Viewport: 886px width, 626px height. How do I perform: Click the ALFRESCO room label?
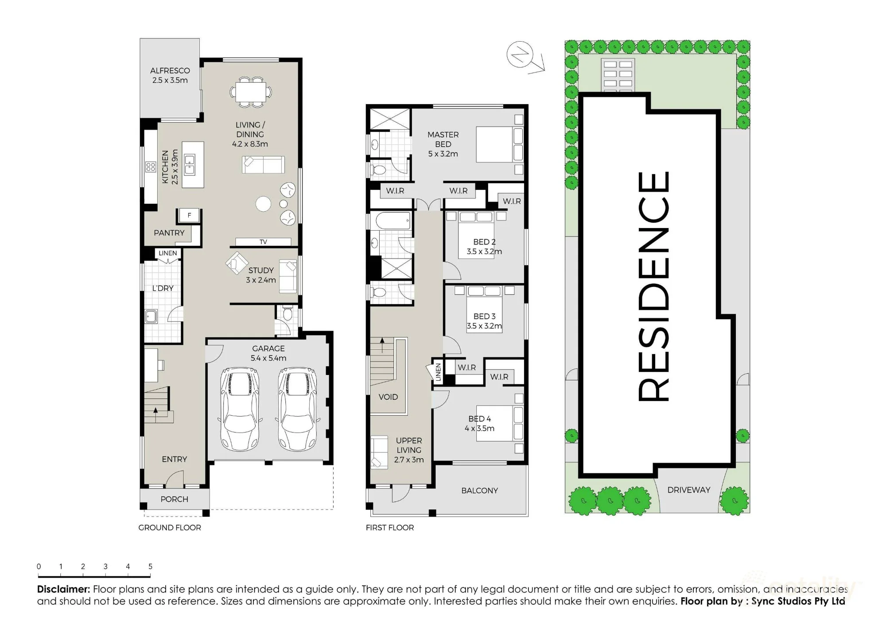(x=170, y=71)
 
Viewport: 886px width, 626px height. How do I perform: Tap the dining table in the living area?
(x=251, y=92)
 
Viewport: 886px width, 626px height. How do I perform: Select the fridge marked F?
(x=189, y=216)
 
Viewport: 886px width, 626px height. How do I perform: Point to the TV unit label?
(x=263, y=242)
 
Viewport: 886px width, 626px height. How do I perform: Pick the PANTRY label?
(x=169, y=233)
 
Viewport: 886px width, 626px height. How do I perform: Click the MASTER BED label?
(x=443, y=139)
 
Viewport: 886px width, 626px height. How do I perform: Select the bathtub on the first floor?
(x=393, y=220)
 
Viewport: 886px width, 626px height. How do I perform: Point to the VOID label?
(x=388, y=397)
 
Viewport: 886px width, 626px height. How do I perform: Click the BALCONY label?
(x=480, y=491)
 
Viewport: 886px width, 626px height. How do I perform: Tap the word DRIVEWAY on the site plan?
(x=689, y=490)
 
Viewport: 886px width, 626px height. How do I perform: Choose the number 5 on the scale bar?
(x=151, y=566)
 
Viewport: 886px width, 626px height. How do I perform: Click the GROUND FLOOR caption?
(x=170, y=528)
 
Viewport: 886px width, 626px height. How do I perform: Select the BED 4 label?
(x=480, y=419)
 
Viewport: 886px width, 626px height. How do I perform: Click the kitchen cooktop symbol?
(x=151, y=167)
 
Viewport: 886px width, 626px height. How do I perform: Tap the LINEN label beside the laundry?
(x=168, y=253)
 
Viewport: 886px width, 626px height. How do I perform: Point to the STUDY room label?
(x=261, y=270)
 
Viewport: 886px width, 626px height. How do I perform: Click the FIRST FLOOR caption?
(x=390, y=528)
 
